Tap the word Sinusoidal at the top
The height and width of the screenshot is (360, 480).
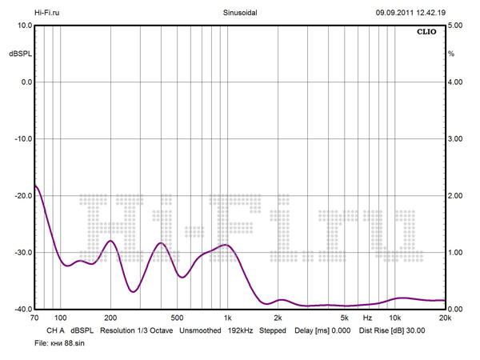point(239,12)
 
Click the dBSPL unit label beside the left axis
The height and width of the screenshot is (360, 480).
point(20,54)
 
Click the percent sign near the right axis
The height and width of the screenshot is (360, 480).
point(451,54)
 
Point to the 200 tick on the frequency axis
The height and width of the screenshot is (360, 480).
point(110,318)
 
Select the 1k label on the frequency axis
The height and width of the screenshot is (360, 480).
point(228,318)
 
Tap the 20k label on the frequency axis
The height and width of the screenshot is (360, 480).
point(446,318)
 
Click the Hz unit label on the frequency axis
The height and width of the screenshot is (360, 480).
point(367,318)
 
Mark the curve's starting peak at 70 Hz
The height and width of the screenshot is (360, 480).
point(36,186)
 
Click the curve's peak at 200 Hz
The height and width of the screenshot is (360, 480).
point(111,241)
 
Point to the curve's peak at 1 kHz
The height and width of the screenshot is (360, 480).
point(227,245)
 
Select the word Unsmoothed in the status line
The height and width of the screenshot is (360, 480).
point(200,330)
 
